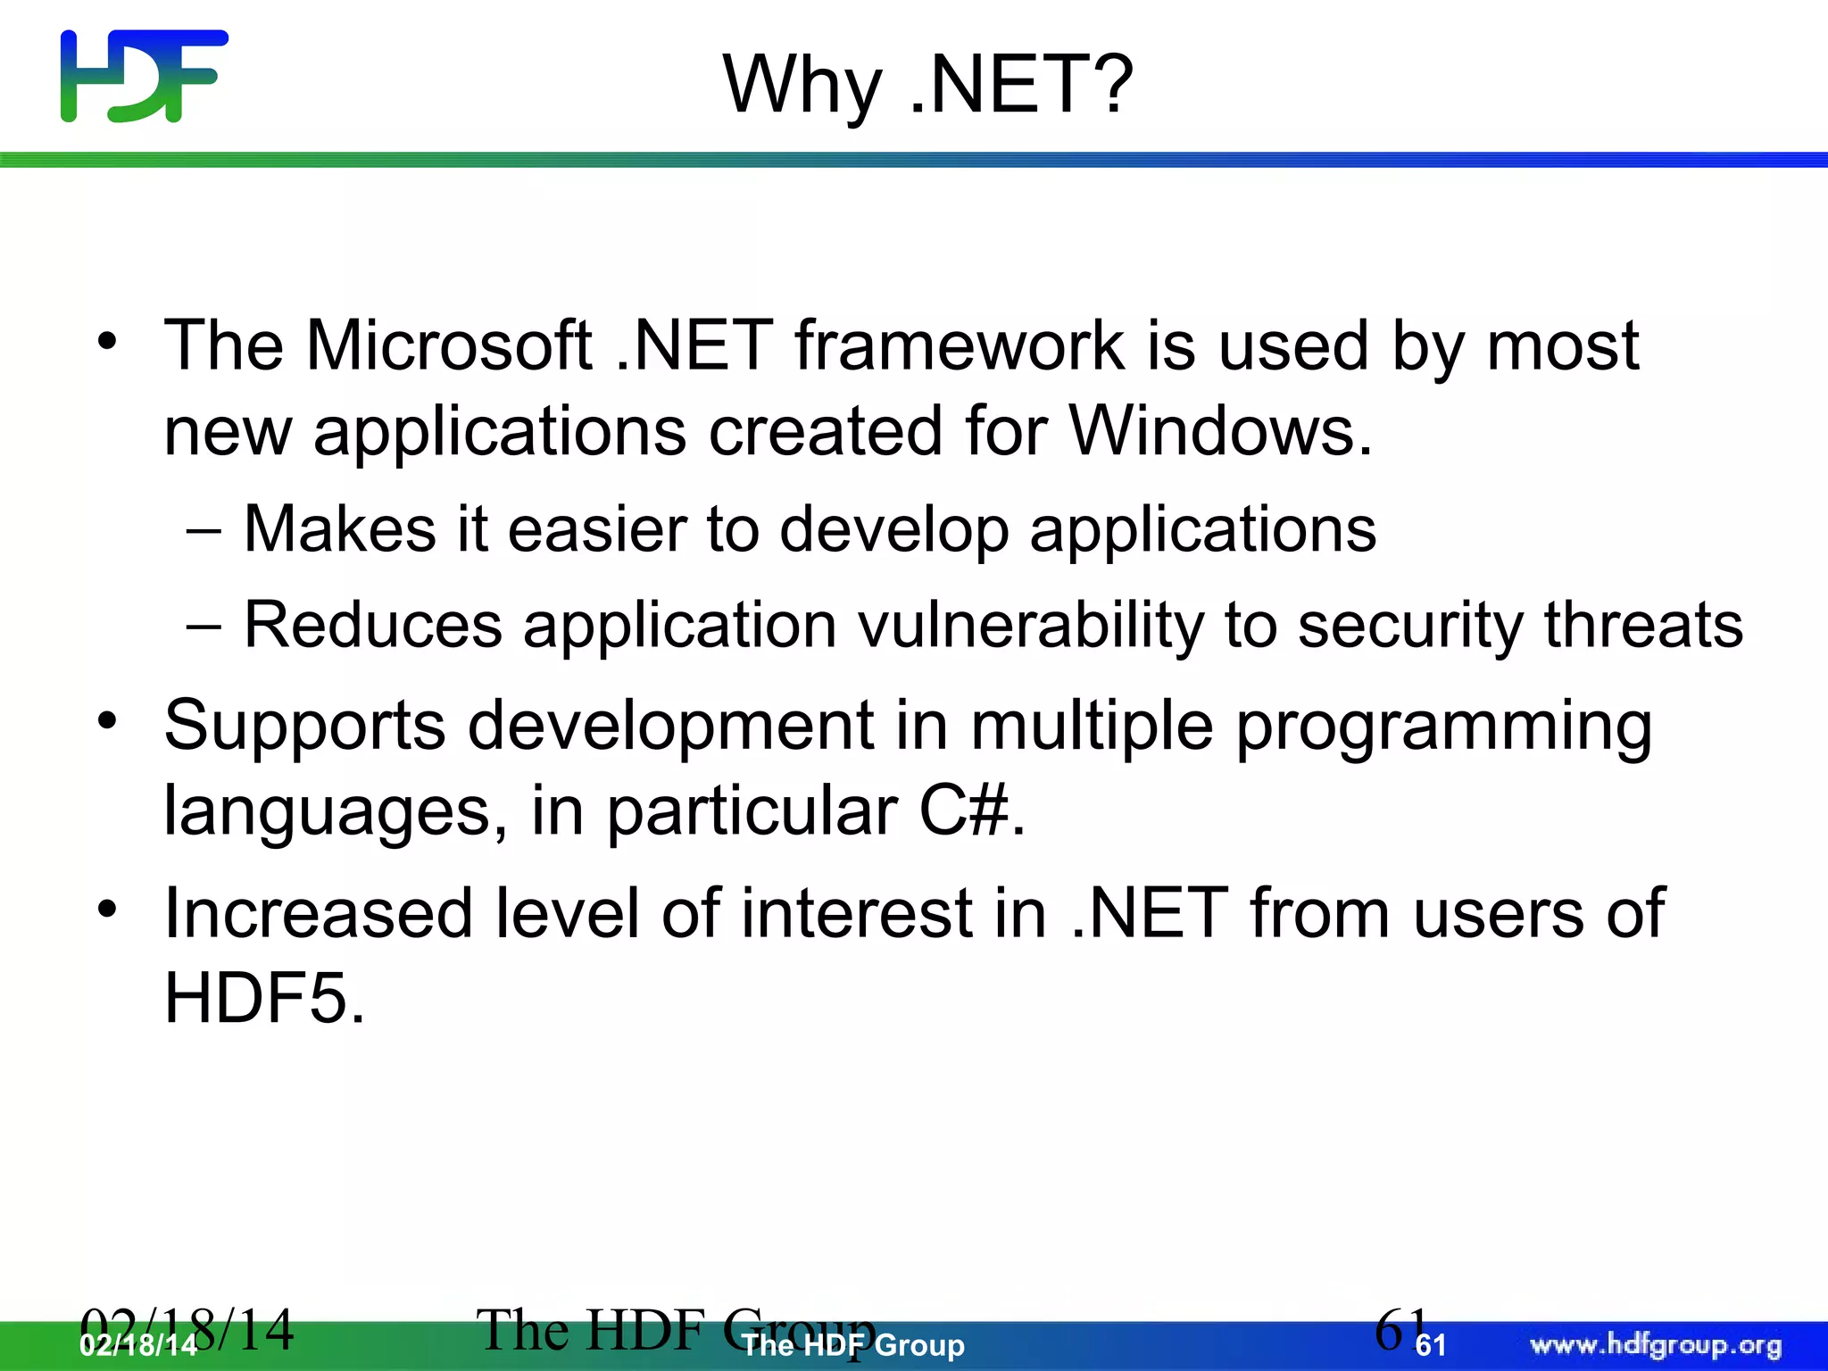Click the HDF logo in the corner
pos(144,76)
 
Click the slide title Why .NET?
pos(927,85)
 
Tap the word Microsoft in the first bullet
pos(449,345)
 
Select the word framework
pos(960,345)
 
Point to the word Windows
pos(1219,431)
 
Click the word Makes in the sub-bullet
pos(340,529)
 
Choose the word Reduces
pos(373,625)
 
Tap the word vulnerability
pos(1031,625)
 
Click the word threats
pos(1643,625)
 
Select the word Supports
pos(304,726)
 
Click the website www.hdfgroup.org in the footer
pos(1656,1344)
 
